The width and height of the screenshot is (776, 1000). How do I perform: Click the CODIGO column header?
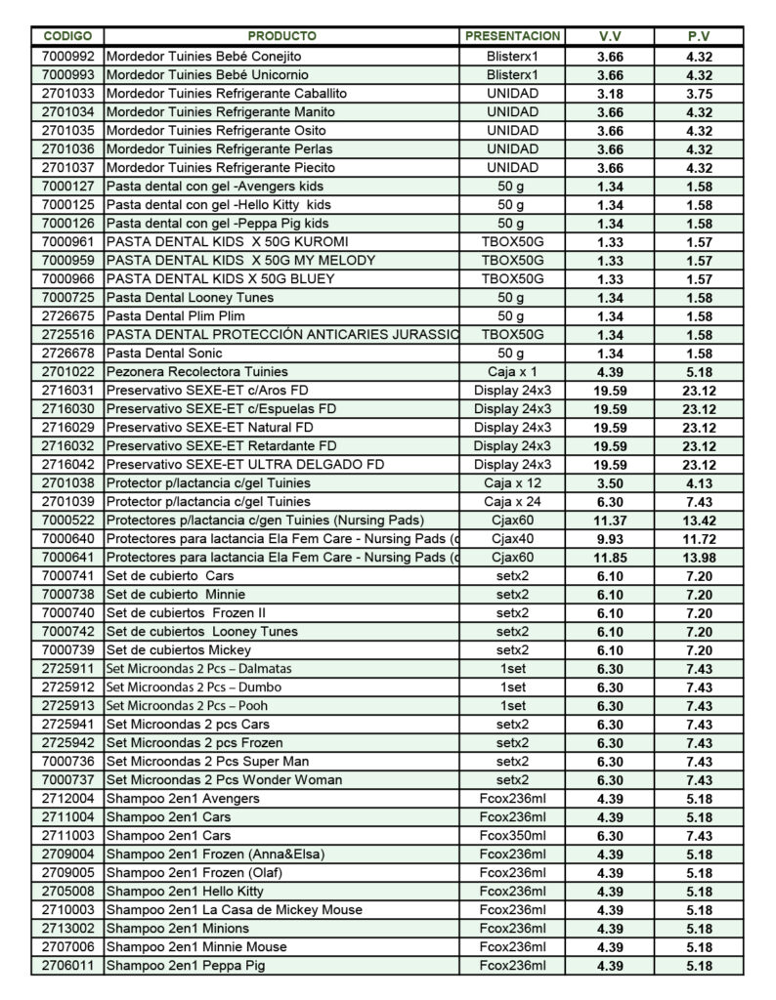[x=67, y=36]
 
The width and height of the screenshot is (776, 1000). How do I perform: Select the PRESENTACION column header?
[x=512, y=36]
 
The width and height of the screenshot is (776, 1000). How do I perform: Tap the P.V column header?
[x=699, y=36]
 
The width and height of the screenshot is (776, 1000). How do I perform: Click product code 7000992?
[x=67, y=57]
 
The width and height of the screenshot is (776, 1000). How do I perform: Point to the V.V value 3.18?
[x=610, y=94]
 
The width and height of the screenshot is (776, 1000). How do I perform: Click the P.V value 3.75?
[x=699, y=94]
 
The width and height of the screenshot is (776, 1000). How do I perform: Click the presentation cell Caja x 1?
[x=512, y=372]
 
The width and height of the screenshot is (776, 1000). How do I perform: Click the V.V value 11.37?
[x=610, y=521]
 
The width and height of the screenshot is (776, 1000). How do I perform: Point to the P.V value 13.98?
[x=699, y=558]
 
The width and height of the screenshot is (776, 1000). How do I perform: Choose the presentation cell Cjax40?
[x=512, y=539]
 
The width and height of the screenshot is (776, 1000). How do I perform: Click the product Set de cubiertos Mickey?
[x=179, y=650]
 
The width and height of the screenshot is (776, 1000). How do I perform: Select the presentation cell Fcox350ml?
[x=512, y=836]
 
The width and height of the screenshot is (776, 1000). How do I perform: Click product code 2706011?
[x=67, y=966]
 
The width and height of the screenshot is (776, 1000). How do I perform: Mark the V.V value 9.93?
[x=610, y=539]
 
